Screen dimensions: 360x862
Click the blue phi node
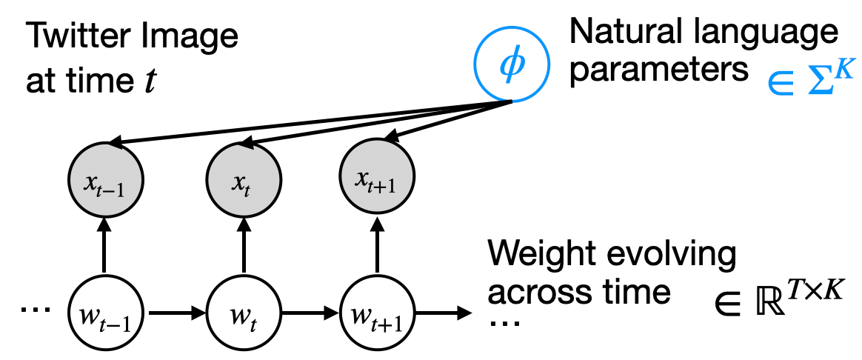pyautogui.click(x=512, y=66)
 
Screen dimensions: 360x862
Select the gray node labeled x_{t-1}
pyautogui.click(x=103, y=180)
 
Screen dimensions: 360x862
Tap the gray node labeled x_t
pyautogui.click(x=242, y=180)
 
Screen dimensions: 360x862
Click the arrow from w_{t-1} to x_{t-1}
pyautogui.click(x=103, y=247)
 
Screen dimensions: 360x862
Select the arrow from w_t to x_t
pyautogui.click(x=242, y=247)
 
